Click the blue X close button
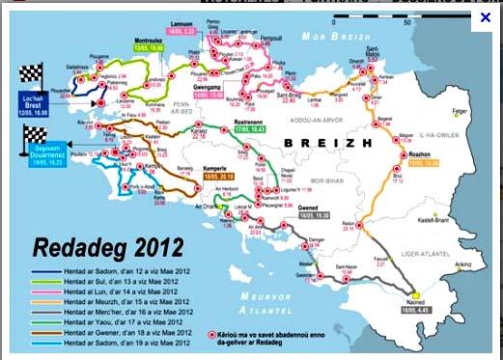[486, 17]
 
